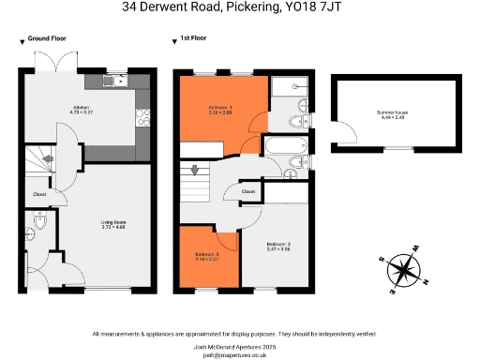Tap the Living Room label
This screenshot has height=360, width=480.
[x=113, y=224]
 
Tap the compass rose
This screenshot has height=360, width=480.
[x=404, y=270]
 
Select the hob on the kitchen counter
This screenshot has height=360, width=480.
[x=143, y=117]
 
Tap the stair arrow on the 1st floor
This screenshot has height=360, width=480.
[x=195, y=171]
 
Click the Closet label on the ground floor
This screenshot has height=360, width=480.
[x=40, y=195]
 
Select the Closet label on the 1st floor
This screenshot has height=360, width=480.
[x=248, y=191]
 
